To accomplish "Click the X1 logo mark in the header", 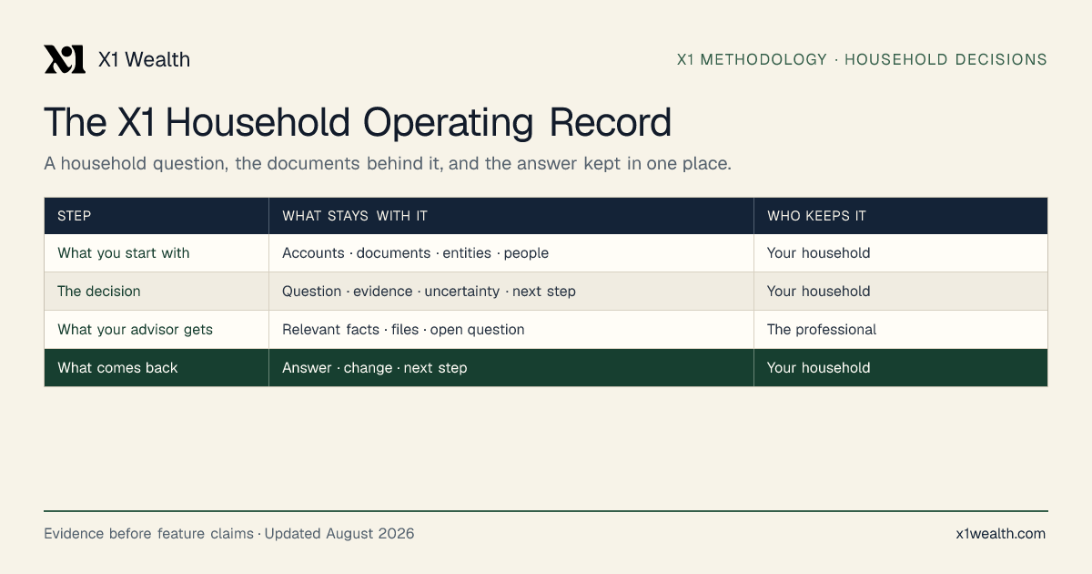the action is tap(65, 59).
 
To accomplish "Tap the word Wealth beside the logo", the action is tap(157, 59).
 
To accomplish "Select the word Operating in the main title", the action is tap(448, 123).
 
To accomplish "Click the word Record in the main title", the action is tap(611, 122).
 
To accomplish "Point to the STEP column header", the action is tap(74, 216).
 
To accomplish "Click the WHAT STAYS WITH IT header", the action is tap(355, 216).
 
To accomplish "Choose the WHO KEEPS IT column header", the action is tap(816, 216).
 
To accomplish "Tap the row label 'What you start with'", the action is tap(124, 253).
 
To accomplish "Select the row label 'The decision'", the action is tap(99, 291).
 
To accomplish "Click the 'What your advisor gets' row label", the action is tap(135, 330).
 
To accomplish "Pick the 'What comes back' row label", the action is tap(117, 367).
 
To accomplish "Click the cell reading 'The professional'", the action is tap(822, 330).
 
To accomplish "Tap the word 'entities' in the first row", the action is tap(467, 253).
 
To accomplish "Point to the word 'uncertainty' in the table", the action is tap(462, 292).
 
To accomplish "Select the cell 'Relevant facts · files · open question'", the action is tap(403, 330).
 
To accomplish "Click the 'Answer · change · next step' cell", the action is tap(374, 367).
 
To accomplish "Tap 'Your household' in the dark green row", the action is tap(818, 367).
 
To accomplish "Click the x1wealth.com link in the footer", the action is tap(1001, 534).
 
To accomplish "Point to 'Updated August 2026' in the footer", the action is tap(339, 534).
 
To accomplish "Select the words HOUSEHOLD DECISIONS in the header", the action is tap(945, 59).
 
